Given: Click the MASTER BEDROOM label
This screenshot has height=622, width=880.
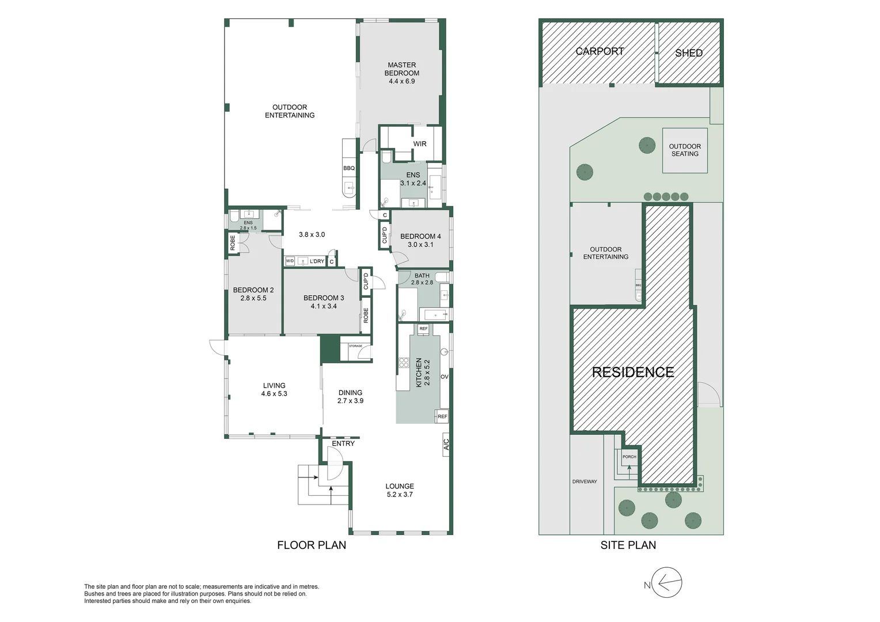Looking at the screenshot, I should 401,69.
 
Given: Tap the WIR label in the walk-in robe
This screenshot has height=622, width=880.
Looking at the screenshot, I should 419,144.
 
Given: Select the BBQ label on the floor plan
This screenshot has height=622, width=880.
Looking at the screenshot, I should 349,168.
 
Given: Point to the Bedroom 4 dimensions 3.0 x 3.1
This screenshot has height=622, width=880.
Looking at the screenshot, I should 420,245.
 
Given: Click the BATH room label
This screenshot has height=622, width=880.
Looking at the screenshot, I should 422,276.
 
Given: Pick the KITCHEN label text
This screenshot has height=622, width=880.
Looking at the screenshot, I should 419,372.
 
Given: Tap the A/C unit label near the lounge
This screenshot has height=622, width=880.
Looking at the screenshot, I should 446,444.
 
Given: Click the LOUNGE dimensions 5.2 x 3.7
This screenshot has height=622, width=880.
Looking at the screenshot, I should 399,495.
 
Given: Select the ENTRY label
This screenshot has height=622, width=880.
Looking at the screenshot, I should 343,443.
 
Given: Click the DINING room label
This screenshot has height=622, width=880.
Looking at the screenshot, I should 350,393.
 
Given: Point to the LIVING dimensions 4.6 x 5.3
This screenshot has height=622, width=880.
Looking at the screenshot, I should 274,394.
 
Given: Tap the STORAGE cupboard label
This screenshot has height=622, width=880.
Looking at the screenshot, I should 355,346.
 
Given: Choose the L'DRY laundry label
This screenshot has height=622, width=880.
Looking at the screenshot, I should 317,261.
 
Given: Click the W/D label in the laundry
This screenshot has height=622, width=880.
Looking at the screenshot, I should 290,261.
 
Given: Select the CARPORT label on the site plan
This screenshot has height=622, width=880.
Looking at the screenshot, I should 600,51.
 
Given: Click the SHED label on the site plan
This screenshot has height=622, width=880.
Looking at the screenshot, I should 688,53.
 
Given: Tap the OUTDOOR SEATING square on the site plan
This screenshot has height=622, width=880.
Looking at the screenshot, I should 685,150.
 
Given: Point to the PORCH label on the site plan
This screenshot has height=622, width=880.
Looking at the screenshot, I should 629,457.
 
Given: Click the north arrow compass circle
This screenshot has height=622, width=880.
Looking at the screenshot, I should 667,583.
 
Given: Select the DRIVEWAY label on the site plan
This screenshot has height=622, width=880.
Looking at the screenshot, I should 585,481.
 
